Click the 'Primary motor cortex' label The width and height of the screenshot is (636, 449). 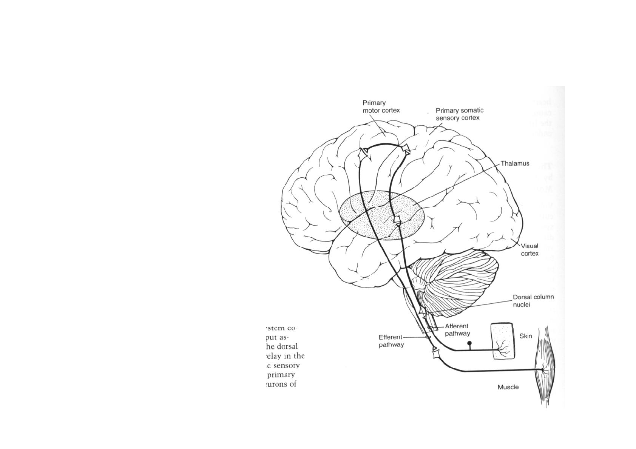pos(381,106)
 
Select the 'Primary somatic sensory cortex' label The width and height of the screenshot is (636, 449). pos(459,114)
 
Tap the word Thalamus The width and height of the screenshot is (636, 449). pos(515,163)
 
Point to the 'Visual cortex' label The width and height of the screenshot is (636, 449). pos(529,249)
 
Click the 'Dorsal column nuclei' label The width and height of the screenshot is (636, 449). pos(533,301)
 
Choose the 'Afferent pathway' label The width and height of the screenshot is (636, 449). pos(457,329)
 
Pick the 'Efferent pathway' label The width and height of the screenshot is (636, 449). pos(391,341)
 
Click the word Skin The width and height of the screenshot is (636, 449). pos(525,336)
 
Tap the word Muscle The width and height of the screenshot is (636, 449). pos(508,387)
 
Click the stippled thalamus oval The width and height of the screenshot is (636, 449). pos(381,215)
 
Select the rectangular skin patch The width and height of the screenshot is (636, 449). pos(503,341)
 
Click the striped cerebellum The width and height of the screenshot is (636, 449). pos(457,283)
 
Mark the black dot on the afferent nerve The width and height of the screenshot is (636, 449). pos(469,343)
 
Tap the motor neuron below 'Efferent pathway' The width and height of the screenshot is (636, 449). pos(435,354)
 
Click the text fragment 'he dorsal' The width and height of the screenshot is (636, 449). pos(282,346)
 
